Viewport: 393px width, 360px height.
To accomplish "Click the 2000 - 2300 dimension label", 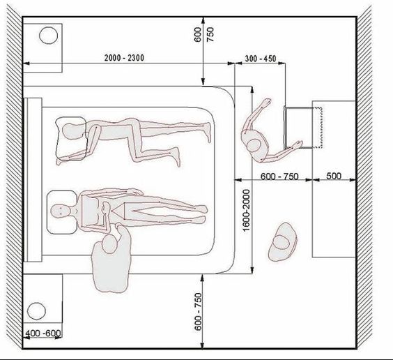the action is (x=124, y=58).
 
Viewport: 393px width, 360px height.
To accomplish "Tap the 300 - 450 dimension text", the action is (x=261, y=59).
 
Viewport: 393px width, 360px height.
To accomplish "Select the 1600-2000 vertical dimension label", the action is (x=247, y=210).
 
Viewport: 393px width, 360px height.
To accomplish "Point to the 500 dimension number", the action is (x=334, y=176).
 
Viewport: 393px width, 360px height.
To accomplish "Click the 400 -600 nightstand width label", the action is (x=43, y=333).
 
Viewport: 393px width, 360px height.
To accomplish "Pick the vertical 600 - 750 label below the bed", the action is (x=198, y=312).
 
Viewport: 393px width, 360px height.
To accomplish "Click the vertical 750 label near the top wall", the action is (x=210, y=35).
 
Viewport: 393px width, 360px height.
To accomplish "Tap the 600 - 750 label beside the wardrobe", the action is (x=279, y=177).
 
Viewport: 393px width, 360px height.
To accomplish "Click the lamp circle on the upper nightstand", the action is (x=48, y=36).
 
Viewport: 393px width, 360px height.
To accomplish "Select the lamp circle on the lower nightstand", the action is (x=37, y=311).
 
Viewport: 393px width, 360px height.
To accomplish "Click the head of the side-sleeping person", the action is (x=72, y=131).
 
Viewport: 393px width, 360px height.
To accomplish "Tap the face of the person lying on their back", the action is (x=60, y=210).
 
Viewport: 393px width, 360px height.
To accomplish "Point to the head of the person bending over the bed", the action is (x=109, y=244).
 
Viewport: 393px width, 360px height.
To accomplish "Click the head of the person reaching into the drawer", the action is (x=254, y=146).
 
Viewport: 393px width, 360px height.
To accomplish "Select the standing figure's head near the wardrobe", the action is (x=282, y=241).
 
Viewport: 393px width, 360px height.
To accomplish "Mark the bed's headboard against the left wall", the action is (x=33, y=179).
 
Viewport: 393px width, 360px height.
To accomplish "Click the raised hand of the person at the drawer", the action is (x=267, y=101).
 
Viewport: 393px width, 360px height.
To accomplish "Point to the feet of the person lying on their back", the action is (x=203, y=213).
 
